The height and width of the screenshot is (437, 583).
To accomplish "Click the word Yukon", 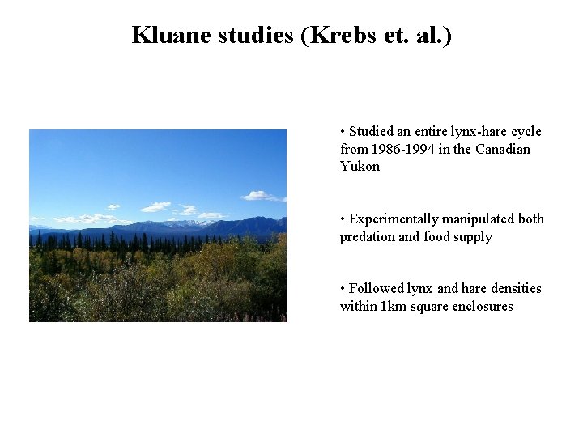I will [x=360, y=167].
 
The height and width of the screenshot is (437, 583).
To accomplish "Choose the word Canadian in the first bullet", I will [x=503, y=150].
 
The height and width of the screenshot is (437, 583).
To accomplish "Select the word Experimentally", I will [x=391, y=219].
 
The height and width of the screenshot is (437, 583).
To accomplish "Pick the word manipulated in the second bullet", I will [x=480, y=219].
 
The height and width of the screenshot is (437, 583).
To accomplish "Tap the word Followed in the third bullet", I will [x=374, y=289].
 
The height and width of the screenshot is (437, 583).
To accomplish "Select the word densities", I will [x=513, y=289].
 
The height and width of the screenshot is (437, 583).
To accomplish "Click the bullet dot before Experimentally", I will [x=343, y=219].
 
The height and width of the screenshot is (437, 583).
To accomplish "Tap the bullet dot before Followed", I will [x=343, y=289].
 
